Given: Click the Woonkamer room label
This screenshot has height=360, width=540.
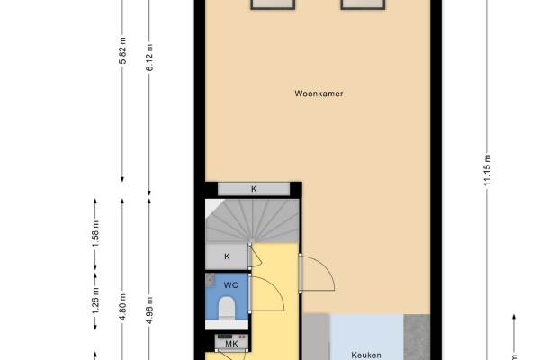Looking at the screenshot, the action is tap(319, 94).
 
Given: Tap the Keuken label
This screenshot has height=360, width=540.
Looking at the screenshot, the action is tap(366, 355).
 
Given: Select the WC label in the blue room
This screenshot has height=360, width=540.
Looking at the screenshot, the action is tap(230, 285).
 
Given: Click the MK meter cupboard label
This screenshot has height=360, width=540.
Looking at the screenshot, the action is tap(231, 344).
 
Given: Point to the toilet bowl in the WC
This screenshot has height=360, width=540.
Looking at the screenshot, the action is tap(227, 308).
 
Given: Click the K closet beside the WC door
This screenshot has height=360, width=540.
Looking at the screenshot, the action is tap(227, 256).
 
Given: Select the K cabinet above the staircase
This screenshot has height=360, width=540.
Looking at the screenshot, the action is tap(254, 189).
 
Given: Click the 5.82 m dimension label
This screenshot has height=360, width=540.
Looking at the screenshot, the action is tap(122, 50).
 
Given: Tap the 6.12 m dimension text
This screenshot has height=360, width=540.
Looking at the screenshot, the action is tap(149, 58).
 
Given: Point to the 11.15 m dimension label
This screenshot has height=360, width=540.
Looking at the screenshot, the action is tap(487, 170).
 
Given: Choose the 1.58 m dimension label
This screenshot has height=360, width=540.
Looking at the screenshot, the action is tap(95, 234).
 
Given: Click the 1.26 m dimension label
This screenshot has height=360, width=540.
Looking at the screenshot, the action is tap(95, 301).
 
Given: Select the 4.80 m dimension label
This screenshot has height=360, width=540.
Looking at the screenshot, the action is tap(122, 307).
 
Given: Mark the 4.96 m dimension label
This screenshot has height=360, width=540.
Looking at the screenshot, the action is tap(149, 310).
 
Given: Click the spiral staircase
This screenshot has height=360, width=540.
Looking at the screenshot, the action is tap(252, 220).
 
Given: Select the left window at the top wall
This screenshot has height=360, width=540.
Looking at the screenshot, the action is tap(273, 4).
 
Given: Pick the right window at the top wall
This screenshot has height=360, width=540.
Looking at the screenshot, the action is tap(363, 4).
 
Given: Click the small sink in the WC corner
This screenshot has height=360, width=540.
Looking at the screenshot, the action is tap(211, 281).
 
